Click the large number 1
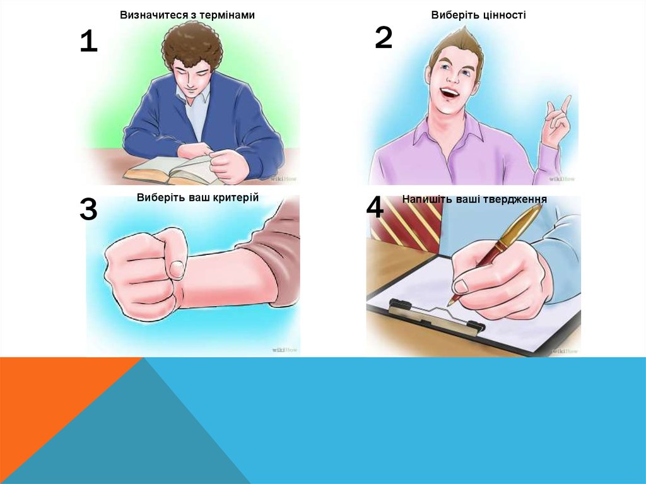(88, 41)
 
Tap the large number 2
(384, 37)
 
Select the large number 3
(88, 209)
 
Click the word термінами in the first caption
(228, 15)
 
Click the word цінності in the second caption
(502, 15)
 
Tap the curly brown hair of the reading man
(192, 45)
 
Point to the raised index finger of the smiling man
(566, 103)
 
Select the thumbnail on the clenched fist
(177, 269)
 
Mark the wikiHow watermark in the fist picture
(285, 350)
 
